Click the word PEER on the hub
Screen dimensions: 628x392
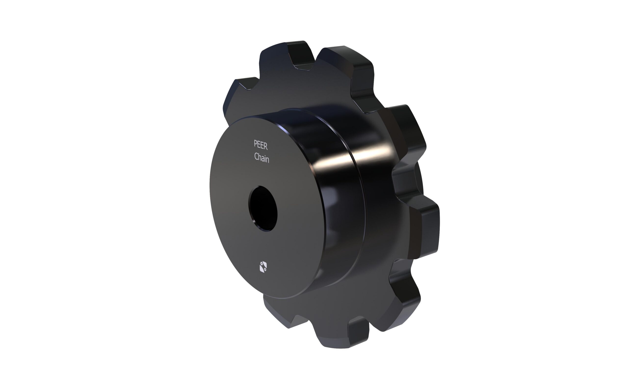click(x=261, y=145)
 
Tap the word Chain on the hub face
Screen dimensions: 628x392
click(x=262, y=157)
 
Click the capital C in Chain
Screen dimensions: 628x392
click(x=256, y=156)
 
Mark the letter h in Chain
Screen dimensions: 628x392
click(x=260, y=157)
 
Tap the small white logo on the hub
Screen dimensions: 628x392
click(x=263, y=267)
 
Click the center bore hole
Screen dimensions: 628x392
click(x=263, y=208)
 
